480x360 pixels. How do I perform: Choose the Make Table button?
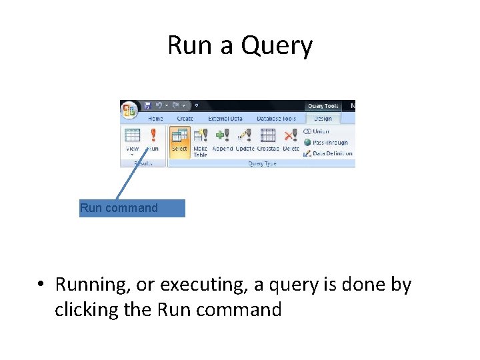[x=200, y=141]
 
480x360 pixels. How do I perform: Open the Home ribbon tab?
[x=155, y=119]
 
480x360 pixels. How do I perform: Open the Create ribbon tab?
[x=185, y=119]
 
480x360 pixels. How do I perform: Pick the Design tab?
[x=323, y=119]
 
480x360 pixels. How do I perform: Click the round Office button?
[x=129, y=109]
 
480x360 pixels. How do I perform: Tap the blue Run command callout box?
[x=132, y=208]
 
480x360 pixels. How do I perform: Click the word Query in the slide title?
[x=277, y=46]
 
